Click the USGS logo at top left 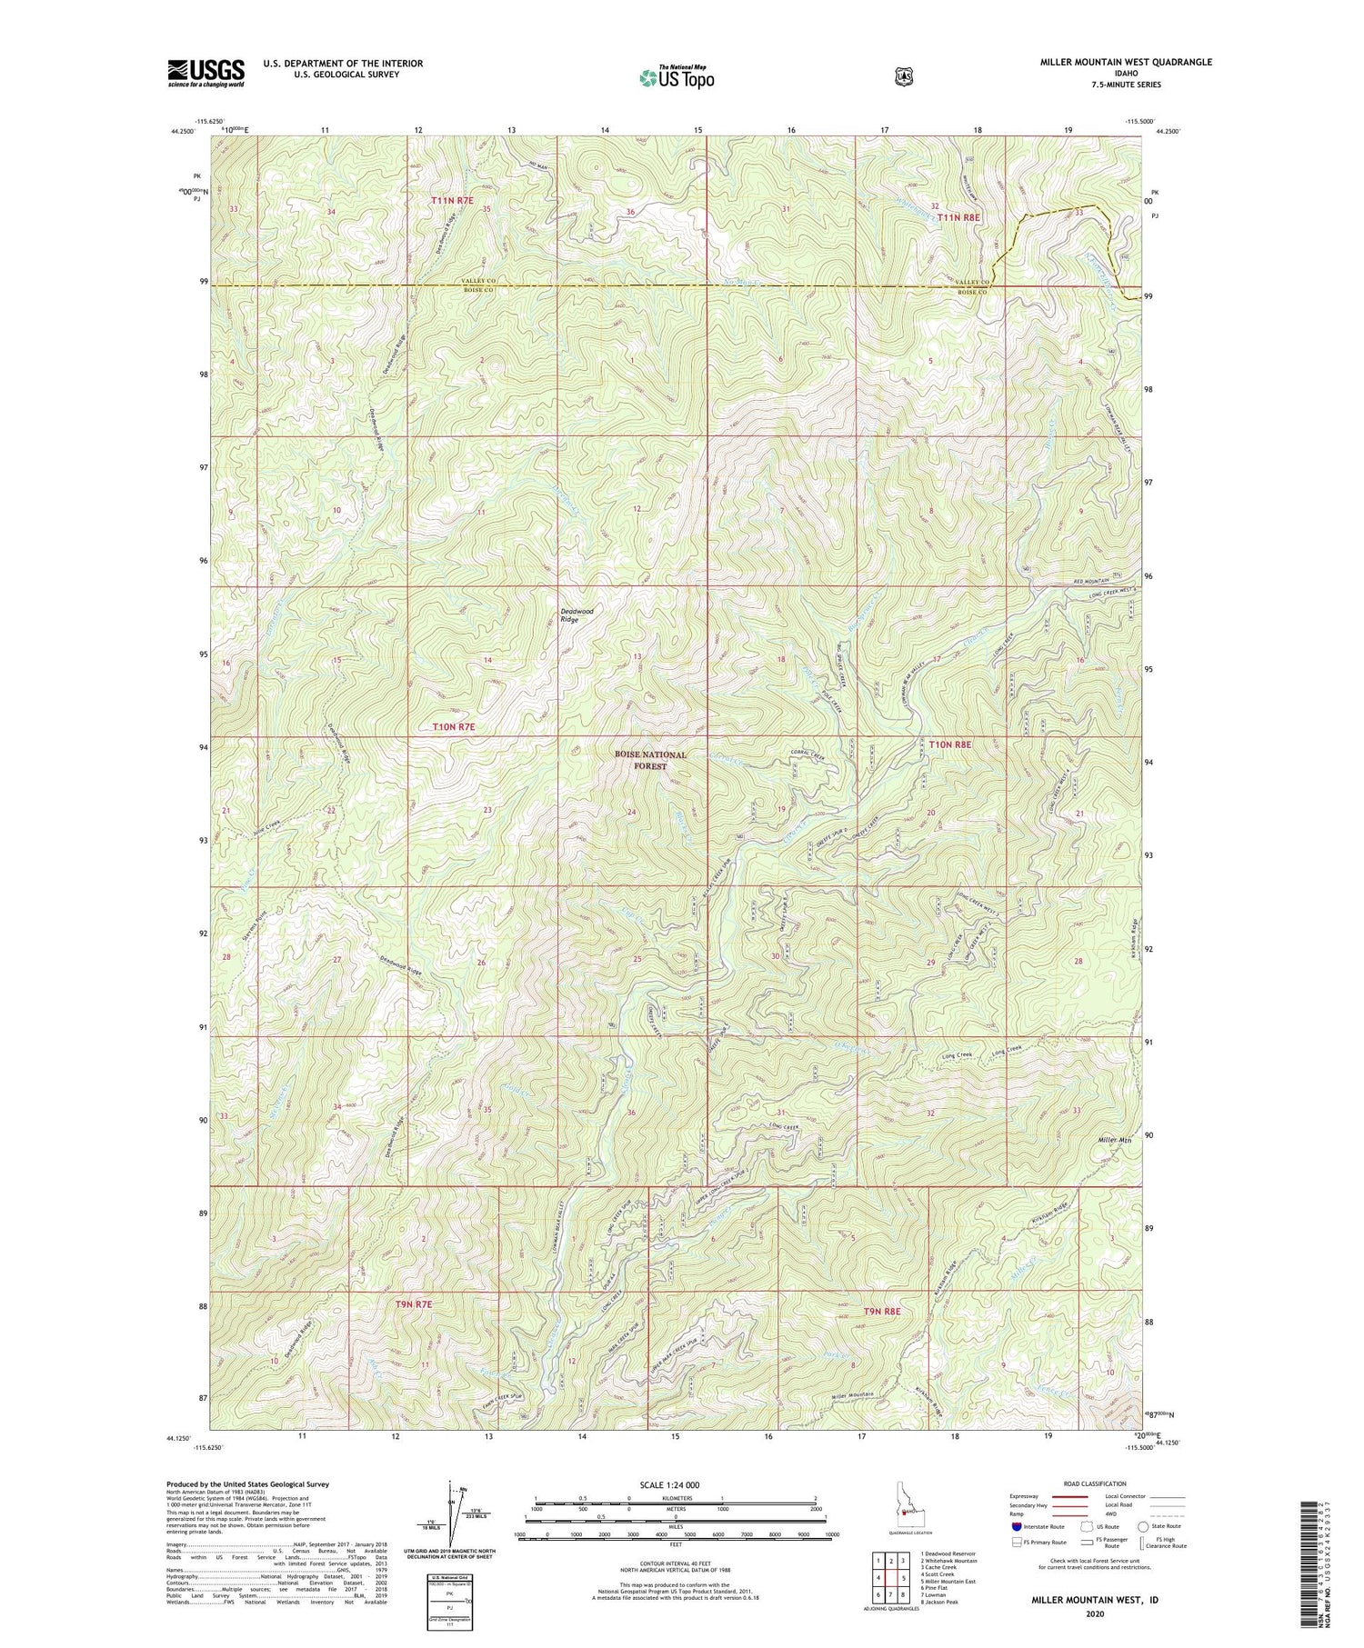tap(206, 72)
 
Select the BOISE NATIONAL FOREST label tap(649, 760)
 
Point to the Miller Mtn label tap(1116, 1139)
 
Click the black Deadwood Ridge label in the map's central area tap(576, 615)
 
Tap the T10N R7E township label tap(453, 727)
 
